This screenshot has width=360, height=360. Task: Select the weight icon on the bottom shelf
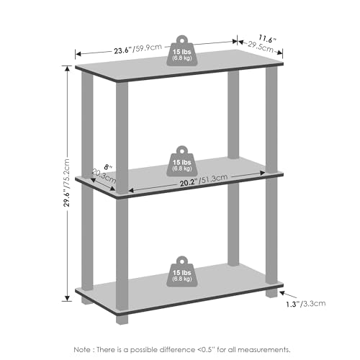click(182, 271)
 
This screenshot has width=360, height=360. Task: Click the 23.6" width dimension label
click(122, 50)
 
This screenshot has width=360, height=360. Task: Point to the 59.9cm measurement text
click(148, 48)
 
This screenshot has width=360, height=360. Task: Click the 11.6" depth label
click(267, 39)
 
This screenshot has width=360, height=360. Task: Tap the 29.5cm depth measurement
click(261, 47)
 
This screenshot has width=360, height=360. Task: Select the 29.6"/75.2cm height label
click(66, 182)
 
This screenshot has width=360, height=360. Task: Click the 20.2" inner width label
click(189, 183)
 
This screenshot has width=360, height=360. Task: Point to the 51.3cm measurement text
click(214, 179)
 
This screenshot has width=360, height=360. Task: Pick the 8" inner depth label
click(108, 167)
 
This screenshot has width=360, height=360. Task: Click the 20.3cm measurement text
click(104, 176)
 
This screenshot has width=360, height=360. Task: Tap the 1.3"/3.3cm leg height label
click(305, 304)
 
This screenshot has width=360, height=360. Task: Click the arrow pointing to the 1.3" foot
click(289, 295)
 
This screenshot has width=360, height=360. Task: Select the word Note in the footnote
click(82, 349)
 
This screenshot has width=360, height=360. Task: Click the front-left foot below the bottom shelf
click(122, 319)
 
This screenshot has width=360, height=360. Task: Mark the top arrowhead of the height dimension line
click(67, 68)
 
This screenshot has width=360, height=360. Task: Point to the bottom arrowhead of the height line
click(67, 298)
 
